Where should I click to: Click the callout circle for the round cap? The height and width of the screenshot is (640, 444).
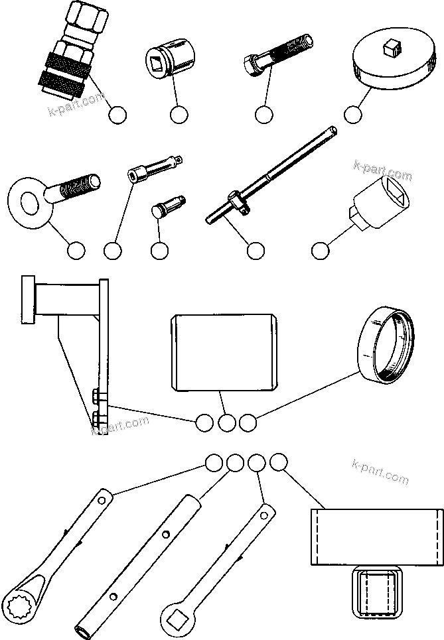click(x=354, y=114)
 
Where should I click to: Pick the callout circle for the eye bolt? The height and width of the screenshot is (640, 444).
click(x=76, y=251)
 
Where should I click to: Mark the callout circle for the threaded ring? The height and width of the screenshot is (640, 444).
click(x=247, y=422)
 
